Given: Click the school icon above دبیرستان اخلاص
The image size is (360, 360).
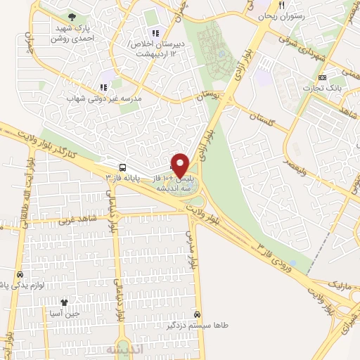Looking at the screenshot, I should click(155, 32).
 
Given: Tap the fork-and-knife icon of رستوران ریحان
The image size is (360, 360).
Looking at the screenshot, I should click(282, 5).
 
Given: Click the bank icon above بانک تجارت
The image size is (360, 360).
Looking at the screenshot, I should click(322, 77).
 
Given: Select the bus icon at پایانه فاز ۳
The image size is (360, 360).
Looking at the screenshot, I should click(123, 167).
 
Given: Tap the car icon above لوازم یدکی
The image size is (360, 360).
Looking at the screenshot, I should click(19, 274).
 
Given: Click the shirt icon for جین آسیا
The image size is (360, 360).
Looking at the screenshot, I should click(64, 302).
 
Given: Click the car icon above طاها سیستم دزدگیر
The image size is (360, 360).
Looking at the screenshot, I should click(198, 314).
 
